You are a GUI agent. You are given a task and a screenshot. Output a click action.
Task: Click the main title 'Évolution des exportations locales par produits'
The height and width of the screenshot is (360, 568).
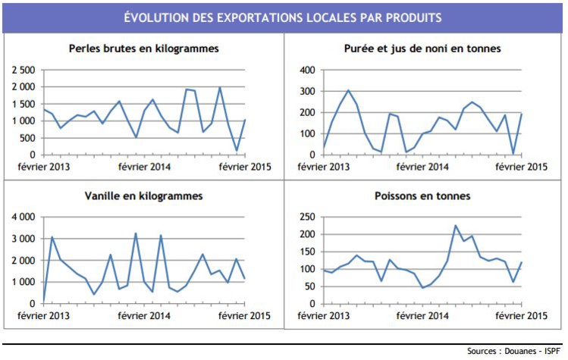(x=284, y=17)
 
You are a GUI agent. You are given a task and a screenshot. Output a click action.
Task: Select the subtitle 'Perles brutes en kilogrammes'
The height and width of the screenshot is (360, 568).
(x=143, y=49)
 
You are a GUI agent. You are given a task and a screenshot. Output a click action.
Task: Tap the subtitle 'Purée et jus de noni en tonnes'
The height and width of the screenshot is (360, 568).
(x=422, y=49)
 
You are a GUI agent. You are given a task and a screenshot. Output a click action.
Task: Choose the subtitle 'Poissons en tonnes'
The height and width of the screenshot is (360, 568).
(x=422, y=196)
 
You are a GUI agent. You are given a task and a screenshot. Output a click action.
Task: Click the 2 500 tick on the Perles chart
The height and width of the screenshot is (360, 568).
(x=23, y=70)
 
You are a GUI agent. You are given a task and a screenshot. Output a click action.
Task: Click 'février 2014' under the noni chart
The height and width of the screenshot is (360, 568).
(x=422, y=167)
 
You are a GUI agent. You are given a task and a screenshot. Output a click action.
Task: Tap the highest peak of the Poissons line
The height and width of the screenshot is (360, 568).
(x=456, y=225)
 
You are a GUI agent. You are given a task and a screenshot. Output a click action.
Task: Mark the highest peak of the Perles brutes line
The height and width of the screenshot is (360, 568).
(x=220, y=87)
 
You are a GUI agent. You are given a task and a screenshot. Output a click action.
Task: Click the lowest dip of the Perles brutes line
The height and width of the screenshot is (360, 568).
(x=237, y=151)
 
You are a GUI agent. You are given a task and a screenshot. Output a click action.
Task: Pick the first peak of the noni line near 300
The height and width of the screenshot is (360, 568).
(x=348, y=90)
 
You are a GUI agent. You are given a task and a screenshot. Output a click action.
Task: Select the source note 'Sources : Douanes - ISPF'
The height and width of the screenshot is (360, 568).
(x=515, y=352)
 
